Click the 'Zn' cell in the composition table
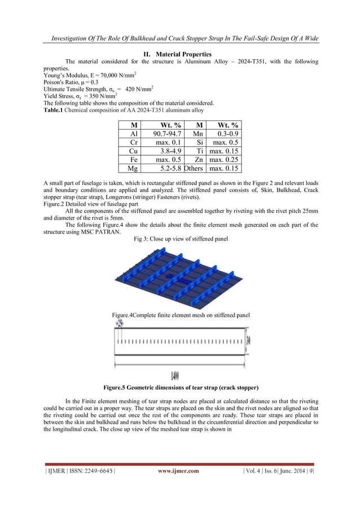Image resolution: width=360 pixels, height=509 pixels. (199, 160)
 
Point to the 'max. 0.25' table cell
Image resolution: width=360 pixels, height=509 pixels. (224, 160)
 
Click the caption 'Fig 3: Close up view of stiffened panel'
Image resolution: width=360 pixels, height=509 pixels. (181, 239)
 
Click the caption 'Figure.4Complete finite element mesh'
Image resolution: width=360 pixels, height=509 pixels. (181, 315)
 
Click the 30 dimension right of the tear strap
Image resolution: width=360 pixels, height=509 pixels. (248, 340)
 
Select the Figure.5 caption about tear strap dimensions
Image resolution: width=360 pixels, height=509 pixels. (181, 388)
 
